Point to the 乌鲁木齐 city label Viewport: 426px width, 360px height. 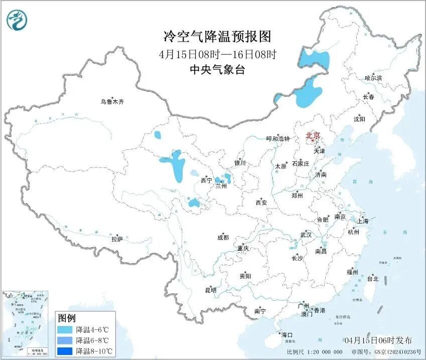111,102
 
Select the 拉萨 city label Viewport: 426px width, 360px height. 117,239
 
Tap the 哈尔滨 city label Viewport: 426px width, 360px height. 373,78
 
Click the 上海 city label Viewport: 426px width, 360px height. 362,221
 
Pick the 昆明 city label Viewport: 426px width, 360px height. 210,290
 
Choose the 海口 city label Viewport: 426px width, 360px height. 287,334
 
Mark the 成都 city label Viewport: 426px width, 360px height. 223,238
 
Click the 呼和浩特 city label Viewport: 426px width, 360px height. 277,139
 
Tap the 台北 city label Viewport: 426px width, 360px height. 373,279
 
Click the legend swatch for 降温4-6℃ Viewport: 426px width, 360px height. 65,330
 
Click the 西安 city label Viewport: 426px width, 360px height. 261,203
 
